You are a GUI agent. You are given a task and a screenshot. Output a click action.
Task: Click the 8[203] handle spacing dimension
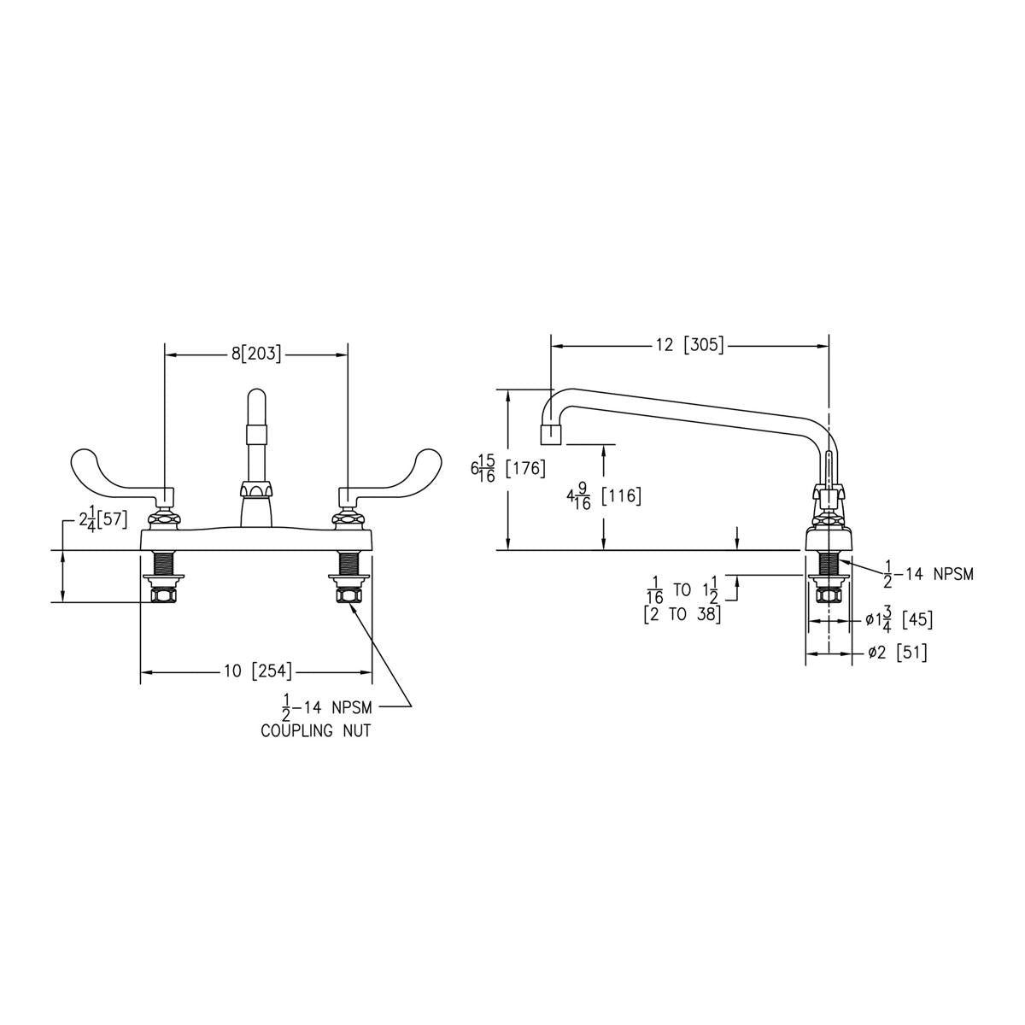click(256, 354)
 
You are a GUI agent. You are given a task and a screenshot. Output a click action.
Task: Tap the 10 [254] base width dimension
click(258, 671)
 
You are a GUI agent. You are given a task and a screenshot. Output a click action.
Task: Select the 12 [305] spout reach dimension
click(689, 345)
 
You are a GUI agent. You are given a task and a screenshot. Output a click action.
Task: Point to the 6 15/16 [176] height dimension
click(507, 468)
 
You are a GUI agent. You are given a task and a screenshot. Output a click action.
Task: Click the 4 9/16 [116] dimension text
click(604, 496)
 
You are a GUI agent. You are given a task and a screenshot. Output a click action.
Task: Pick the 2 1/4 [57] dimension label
click(103, 518)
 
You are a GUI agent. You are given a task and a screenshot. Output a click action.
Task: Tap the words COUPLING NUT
click(315, 731)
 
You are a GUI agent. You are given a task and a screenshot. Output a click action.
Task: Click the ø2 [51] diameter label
click(898, 652)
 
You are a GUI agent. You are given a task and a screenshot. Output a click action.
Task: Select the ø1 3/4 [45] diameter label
click(899, 619)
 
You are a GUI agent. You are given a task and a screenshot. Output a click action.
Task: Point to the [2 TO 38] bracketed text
click(682, 615)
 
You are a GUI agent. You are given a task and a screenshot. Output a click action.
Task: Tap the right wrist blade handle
click(389, 469)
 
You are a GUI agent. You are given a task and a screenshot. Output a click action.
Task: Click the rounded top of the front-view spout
click(256, 397)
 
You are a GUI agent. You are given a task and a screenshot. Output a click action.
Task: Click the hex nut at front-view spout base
click(256, 489)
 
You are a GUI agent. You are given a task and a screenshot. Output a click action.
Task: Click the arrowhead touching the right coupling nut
click(352, 606)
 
